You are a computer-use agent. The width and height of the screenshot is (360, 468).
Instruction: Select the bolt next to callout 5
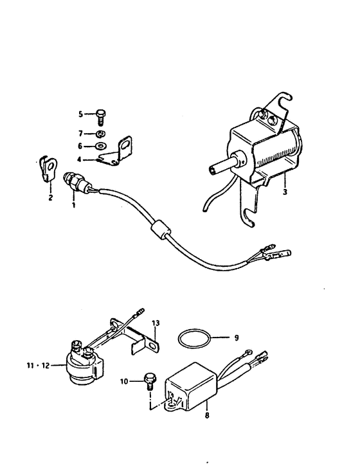point(101,116)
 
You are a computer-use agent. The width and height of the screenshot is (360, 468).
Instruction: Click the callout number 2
point(50,197)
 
